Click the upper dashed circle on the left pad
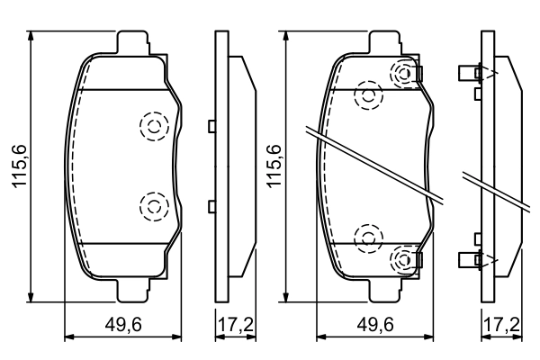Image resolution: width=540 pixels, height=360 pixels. [x=153, y=127]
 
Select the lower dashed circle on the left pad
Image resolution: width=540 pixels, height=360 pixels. [x=153, y=207]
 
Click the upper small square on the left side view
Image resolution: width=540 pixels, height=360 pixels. [x=211, y=127]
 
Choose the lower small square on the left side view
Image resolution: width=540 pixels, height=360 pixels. [x=211, y=207]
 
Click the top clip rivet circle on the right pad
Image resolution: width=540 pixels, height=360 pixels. [x=403, y=74]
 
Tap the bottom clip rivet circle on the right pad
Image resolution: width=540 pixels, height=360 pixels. [x=403, y=260]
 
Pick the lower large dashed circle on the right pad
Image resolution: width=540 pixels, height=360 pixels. [x=368, y=238]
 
